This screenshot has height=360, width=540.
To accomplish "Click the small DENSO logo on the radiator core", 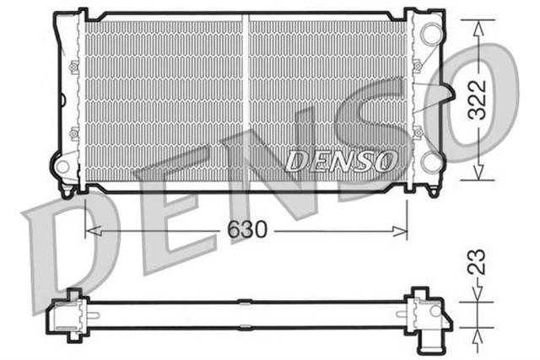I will (x=340, y=160).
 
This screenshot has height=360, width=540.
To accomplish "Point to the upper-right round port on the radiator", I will (x=431, y=35).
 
